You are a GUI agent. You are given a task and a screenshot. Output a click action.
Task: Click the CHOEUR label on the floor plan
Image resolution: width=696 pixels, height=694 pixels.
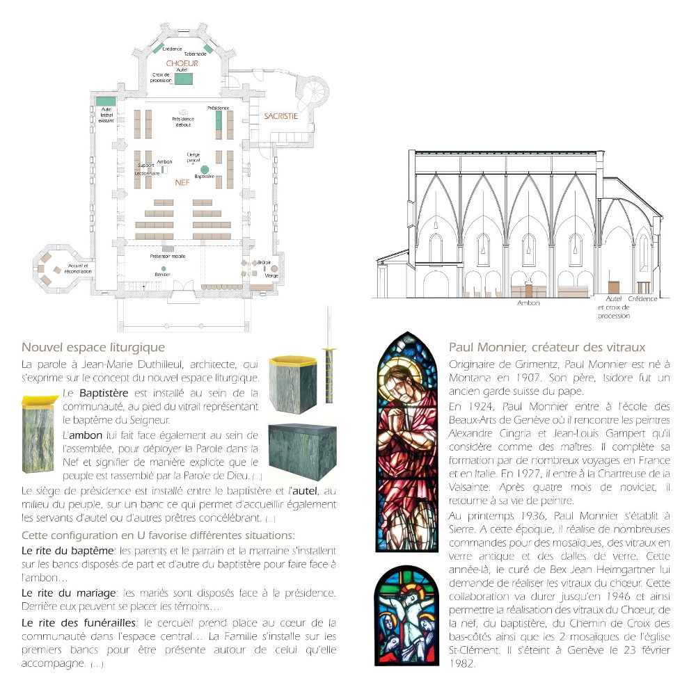pyautogui.click(x=182, y=63)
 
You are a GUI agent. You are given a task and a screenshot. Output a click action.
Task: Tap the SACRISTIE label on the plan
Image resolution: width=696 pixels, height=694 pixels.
pyautogui.click(x=281, y=116)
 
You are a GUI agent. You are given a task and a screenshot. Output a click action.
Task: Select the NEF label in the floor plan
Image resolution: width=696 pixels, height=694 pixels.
pyautogui.click(x=182, y=182)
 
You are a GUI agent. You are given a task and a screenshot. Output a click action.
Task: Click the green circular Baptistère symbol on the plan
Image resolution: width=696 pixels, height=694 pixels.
pyautogui.click(x=205, y=169)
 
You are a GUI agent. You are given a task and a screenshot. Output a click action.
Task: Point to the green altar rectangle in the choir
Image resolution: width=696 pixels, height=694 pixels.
pyautogui.click(x=183, y=79)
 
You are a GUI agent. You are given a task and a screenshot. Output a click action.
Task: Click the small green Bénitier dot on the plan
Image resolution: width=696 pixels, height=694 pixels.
pyautogui.click(x=164, y=268)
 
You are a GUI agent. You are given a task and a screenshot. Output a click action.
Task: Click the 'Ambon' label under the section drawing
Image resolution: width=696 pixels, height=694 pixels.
pyautogui.click(x=528, y=303)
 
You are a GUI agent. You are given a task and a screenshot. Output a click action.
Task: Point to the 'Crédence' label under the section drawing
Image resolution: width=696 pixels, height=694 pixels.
pyautogui.click(x=642, y=299)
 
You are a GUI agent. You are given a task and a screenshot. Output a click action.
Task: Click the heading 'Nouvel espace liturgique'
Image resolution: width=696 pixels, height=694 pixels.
pyautogui.click(x=93, y=347)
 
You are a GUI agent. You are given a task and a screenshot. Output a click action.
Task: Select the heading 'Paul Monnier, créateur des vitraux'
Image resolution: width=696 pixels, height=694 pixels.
pyautogui.click(x=547, y=347)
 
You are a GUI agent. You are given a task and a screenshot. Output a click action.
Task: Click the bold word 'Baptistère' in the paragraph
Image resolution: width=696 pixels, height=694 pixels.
pyautogui.click(x=104, y=393)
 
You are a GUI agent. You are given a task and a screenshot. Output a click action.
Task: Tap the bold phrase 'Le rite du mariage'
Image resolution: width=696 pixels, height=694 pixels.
pyautogui.click(x=69, y=593)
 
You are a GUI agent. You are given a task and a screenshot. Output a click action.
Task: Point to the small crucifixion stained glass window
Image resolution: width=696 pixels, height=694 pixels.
pyautogui.click(x=406, y=615)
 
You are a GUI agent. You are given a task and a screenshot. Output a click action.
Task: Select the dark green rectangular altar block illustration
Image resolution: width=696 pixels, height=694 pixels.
pyautogui.click(x=303, y=452)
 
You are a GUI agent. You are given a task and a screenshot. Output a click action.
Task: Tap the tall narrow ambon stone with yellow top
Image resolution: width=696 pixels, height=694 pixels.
pyautogui.click(x=38, y=434)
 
